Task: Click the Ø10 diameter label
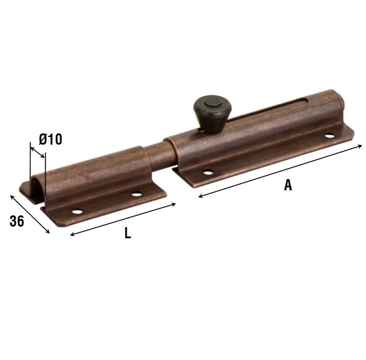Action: [50, 139]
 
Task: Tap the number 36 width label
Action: [17, 221]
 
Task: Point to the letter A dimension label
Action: [288, 185]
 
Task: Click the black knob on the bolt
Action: [213, 114]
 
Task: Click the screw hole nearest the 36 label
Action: [77, 212]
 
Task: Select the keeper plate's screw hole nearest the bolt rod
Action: [136, 194]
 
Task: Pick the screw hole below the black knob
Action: [208, 173]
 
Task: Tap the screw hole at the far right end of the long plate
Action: [329, 135]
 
